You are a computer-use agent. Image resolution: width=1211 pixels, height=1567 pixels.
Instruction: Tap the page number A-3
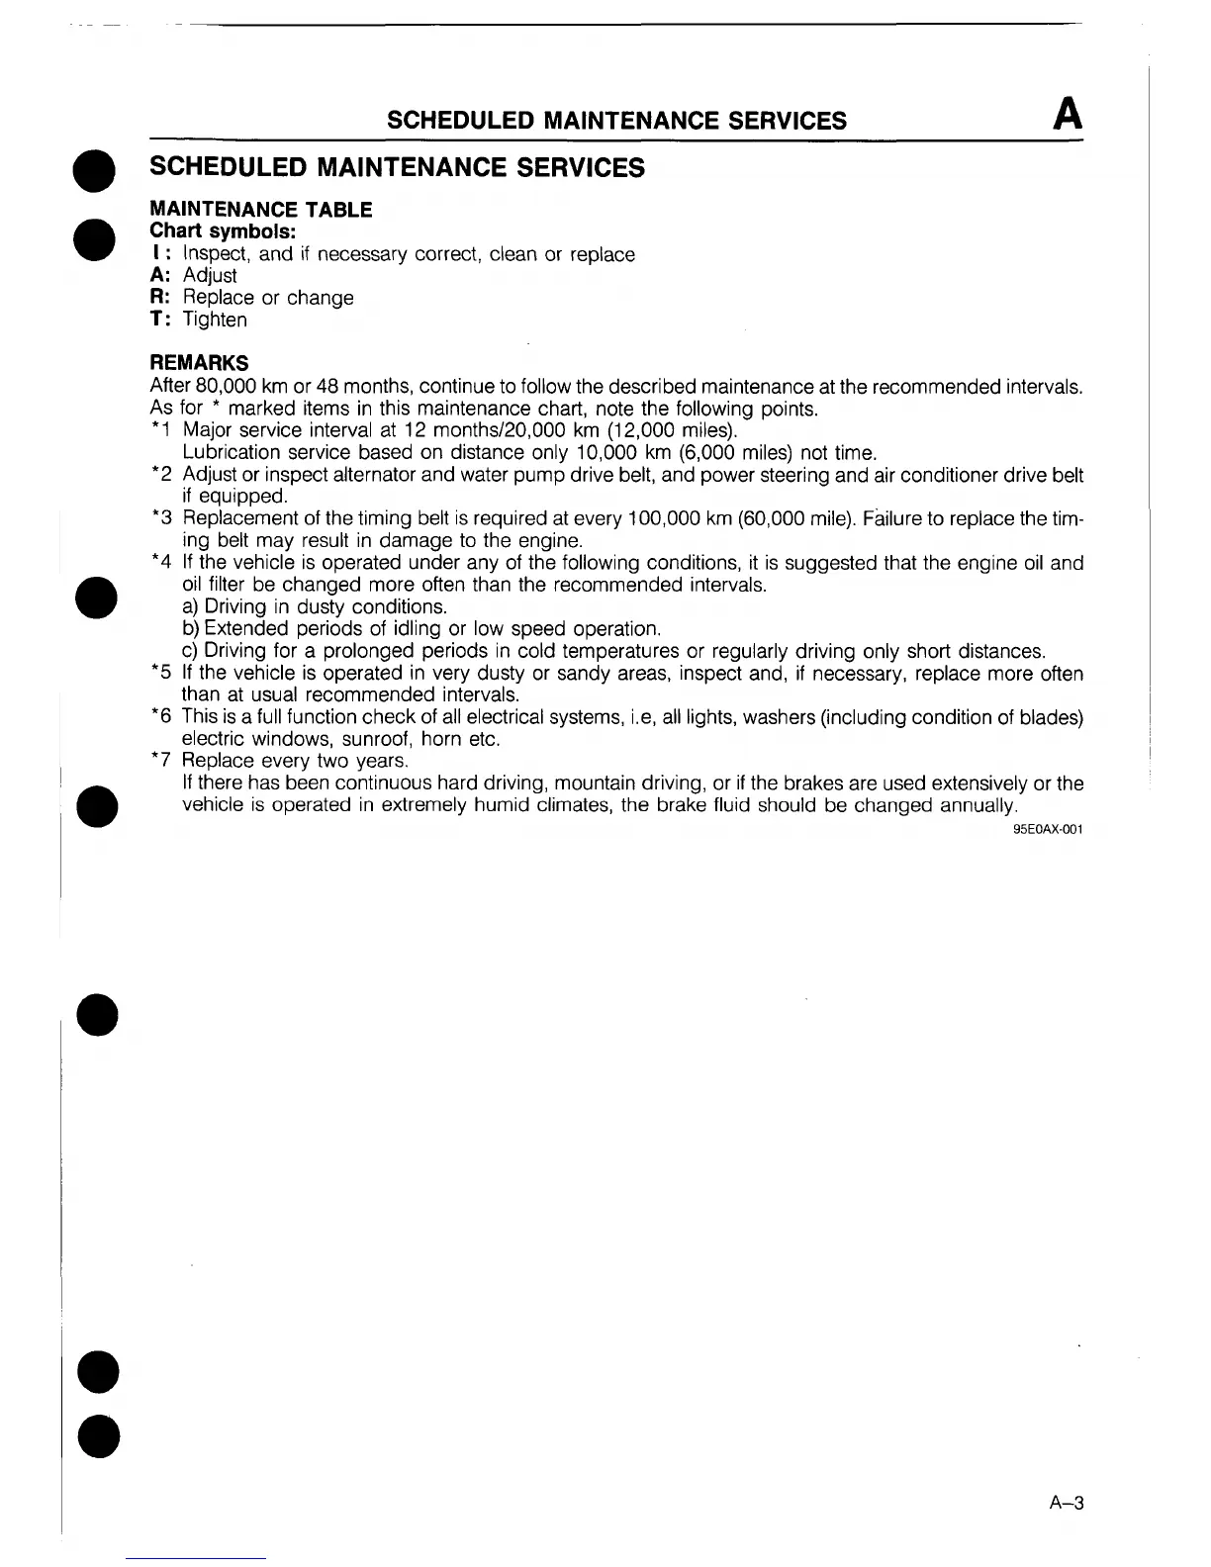coord(1067,1504)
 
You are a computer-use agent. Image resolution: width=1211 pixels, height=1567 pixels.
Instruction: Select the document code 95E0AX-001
coord(1048,829)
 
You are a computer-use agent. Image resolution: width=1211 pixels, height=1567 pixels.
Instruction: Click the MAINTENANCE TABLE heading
coord(260,210)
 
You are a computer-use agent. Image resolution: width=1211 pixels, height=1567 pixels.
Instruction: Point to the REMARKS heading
coord(199,363)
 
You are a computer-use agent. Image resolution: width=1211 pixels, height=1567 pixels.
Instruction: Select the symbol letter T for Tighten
coord(155,320)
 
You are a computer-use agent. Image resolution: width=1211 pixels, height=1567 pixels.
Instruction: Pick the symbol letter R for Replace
coord(155,298)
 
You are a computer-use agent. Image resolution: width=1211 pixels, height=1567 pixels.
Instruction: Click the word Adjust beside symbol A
coord(210,276)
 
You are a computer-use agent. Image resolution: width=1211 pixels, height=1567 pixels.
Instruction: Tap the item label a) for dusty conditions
coord(191,606)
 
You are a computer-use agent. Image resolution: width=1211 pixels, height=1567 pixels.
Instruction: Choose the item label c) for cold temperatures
coord(191,651)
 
